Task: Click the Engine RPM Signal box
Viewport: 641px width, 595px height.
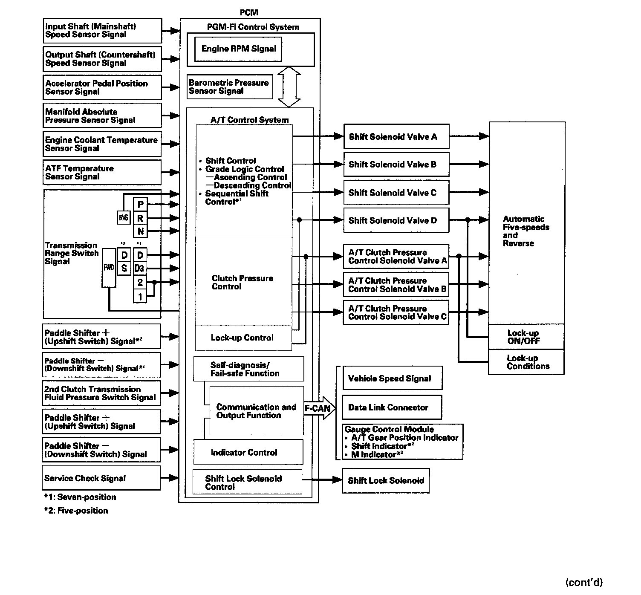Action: pos(238,49)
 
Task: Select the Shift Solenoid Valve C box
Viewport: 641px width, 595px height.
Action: pos(396,193)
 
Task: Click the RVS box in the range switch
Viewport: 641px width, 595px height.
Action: pos(124,218)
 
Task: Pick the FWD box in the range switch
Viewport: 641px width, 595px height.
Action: pos(109,268)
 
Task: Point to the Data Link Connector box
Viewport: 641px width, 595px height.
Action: pos(392,407)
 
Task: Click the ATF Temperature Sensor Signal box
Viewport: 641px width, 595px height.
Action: pos(102,173)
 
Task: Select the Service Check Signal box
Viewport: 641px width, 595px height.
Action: pos(101,478)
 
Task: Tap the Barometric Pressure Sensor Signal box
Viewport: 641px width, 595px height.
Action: pos(230,87)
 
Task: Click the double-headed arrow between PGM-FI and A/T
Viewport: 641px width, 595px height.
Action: pos(289,87)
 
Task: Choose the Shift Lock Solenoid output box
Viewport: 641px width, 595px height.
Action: pos(386,481)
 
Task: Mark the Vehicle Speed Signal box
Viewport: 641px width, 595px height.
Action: pos(392,378)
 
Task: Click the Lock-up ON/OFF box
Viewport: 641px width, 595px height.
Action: pos(526,337)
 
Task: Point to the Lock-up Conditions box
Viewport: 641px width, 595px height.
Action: pos(526,362)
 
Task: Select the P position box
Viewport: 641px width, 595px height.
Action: pos(140,205)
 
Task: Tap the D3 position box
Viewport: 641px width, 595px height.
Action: pos(139,269)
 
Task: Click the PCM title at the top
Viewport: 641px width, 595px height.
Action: pos(249,13)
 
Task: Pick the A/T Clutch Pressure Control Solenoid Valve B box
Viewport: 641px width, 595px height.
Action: pos(396,285)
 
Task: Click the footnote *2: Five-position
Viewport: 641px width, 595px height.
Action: pos(76,511)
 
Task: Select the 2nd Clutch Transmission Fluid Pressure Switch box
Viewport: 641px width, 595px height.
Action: pos(101,393)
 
